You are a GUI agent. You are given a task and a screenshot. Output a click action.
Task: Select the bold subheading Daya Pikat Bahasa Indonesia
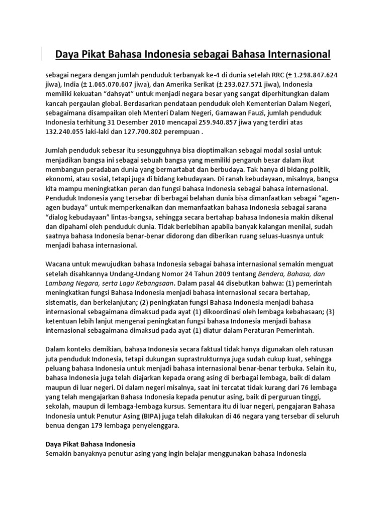tap(90, 445)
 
